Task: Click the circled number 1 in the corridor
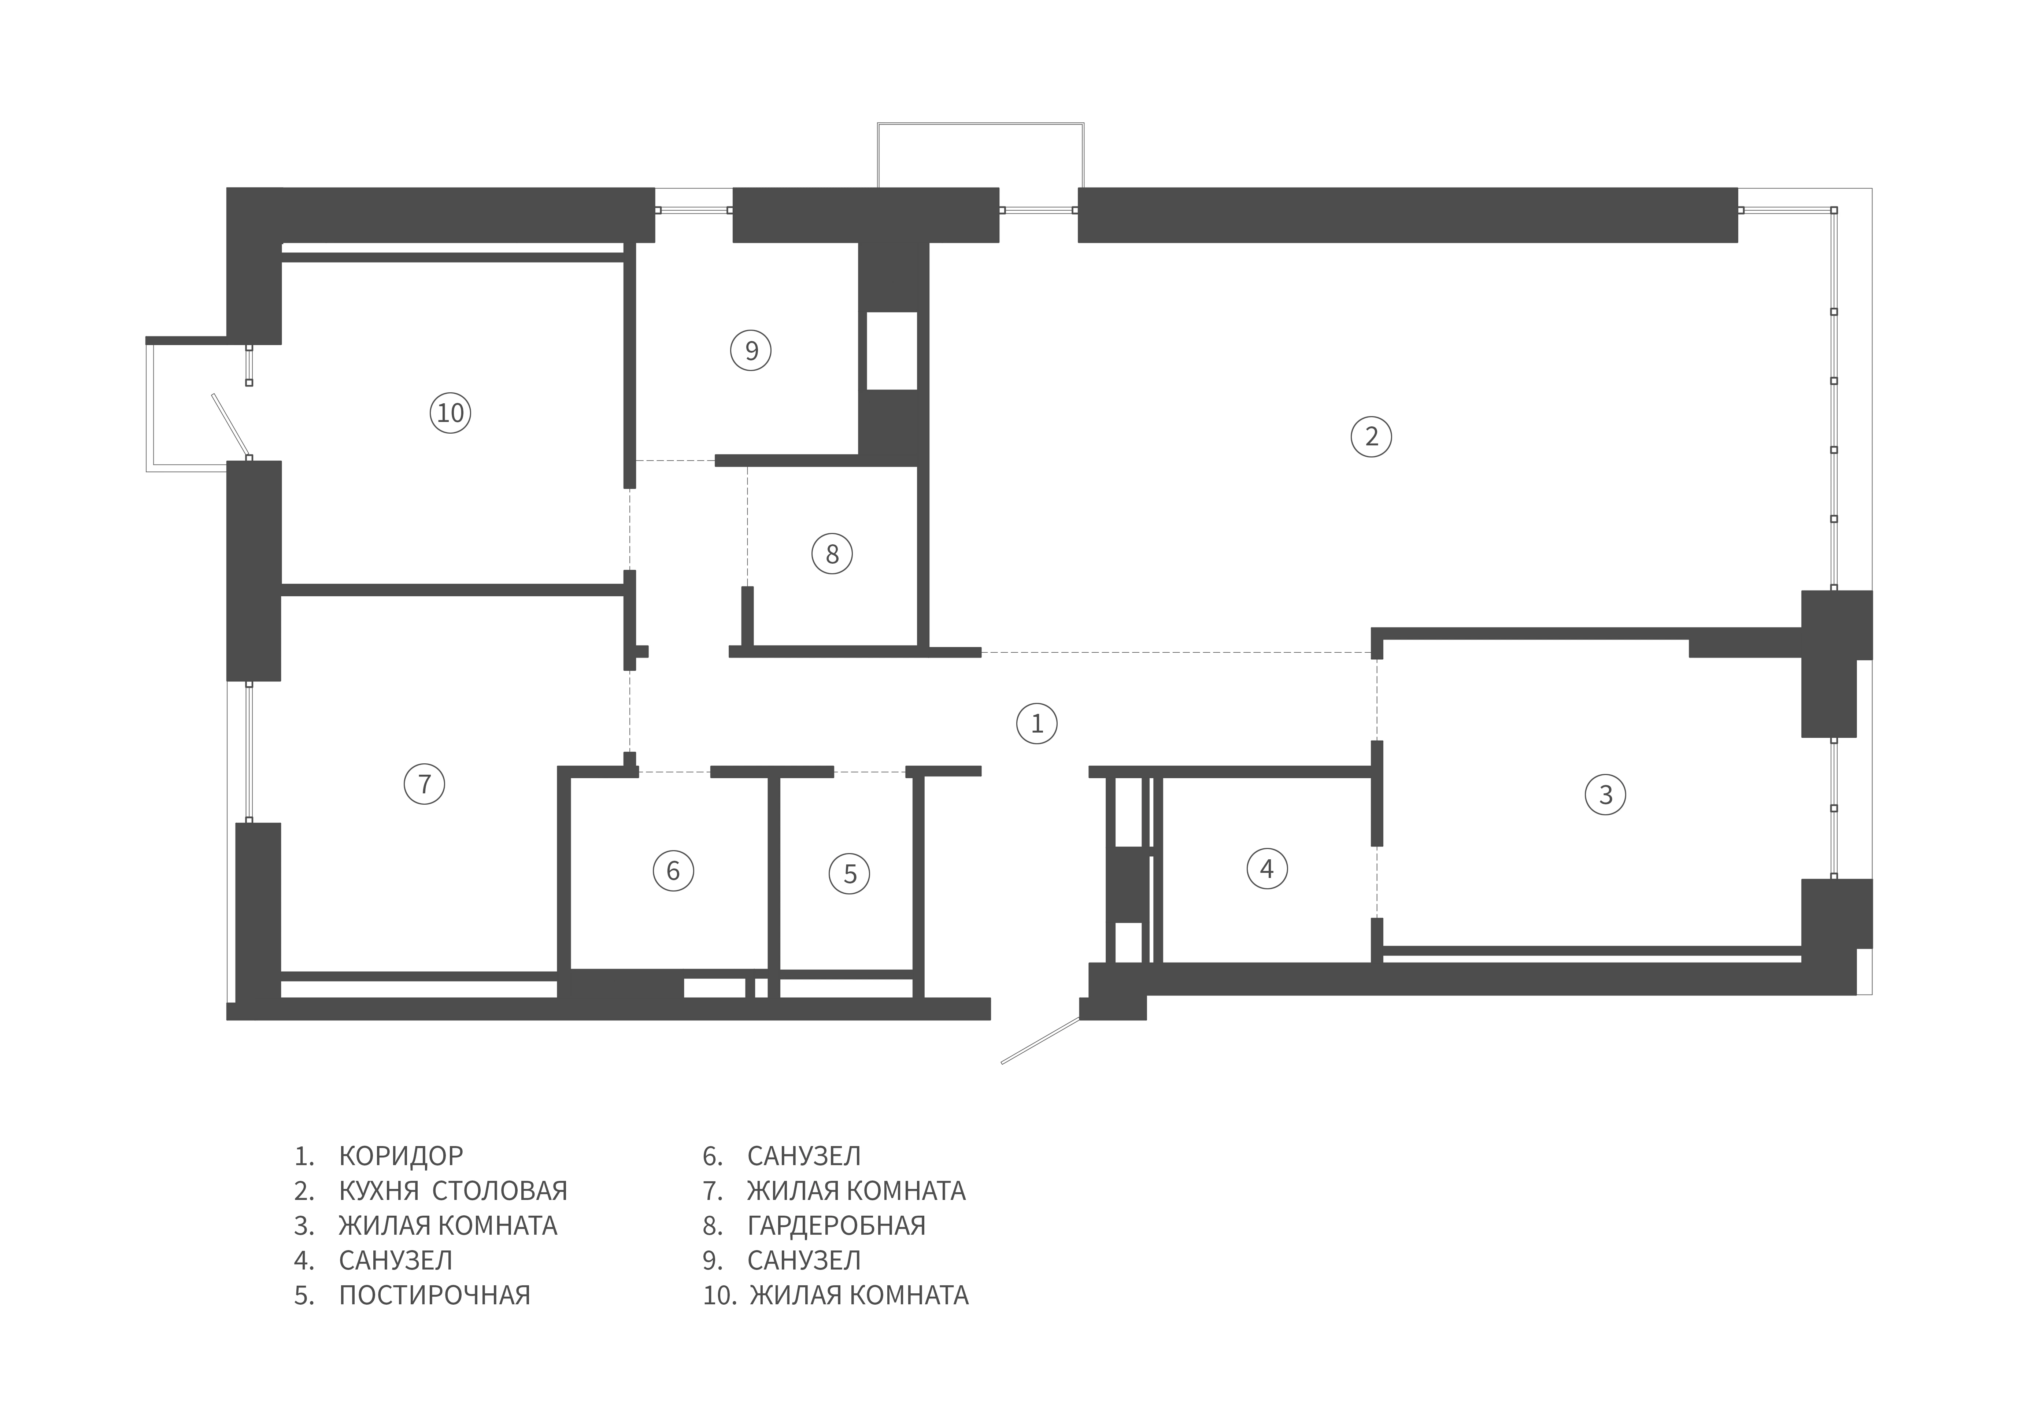[x=1037, y=724]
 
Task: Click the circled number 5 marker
[x=850, y=874]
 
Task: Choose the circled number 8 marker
[x=832, y=554]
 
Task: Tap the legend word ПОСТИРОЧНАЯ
[x=434, y=1295]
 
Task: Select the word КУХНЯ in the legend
[x=379, y=1191]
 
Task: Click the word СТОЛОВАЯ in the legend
[x=500, y=1191]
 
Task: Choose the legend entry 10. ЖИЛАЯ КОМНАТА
[x=835, y=1295]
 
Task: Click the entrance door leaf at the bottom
[x=1041, y=1041]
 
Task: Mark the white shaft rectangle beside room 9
[x=891, y=351]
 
